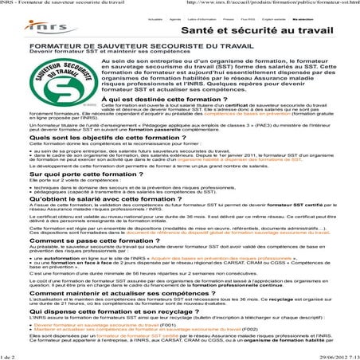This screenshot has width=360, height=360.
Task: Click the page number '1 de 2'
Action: coord(10,355)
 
